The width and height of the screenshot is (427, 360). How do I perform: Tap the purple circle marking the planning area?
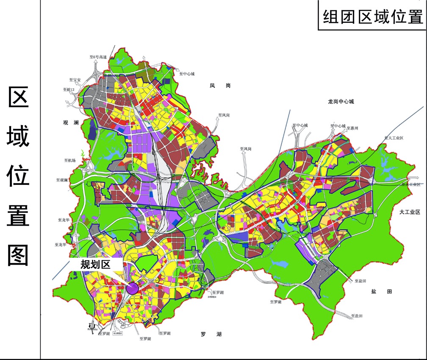[133, 288]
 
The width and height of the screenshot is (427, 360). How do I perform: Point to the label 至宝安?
[75, 79]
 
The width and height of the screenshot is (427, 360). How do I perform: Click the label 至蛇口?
[69, 89]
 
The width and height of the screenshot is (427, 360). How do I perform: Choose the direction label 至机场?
[70, 160]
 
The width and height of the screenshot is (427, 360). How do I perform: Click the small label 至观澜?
[62, 180]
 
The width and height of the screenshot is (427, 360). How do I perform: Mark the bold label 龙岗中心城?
[341, 102]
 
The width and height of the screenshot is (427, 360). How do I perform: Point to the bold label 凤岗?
[220, 86]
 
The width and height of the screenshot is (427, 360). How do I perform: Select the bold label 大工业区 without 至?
[409, 212]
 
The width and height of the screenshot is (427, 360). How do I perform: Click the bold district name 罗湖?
[211, 334]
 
